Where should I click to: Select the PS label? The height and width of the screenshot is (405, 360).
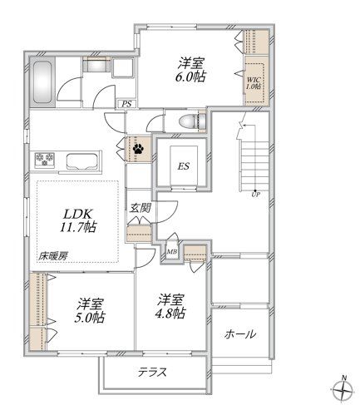126,104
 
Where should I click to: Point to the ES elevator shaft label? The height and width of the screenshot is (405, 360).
183,164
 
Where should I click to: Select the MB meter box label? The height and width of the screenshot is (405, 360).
172,250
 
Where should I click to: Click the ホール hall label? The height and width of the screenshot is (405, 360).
239,334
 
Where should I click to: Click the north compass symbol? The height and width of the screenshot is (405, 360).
343,389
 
